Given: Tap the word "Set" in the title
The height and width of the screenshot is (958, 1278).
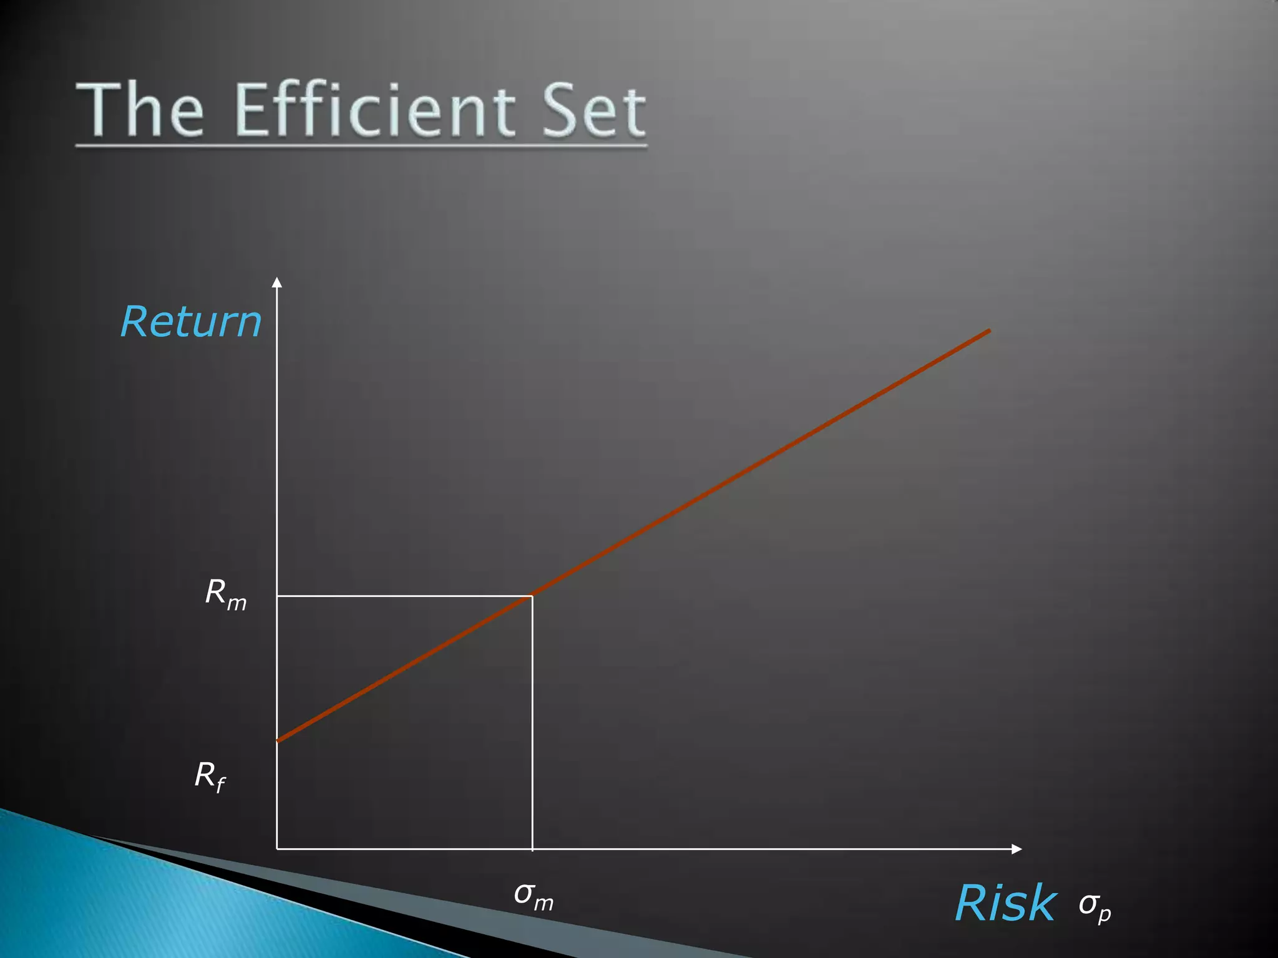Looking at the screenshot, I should point(593,111).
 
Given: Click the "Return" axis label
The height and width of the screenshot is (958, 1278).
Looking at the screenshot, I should point(191,322).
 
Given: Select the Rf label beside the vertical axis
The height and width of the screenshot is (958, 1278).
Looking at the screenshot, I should point(210,777).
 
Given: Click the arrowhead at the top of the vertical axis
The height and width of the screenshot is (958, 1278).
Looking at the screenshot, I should point(277,282).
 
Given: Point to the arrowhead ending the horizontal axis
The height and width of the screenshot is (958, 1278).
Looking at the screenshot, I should point(1017,849).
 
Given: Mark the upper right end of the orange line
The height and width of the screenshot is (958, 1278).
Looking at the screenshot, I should point(990,330).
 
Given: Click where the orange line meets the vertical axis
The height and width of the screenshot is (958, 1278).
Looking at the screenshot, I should point(278,741).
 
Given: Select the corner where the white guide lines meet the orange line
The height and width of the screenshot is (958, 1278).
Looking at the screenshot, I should point(532,596).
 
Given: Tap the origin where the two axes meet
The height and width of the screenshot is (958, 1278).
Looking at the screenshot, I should point(277,849).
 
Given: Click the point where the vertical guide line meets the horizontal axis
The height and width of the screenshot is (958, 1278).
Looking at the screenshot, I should point(532,849).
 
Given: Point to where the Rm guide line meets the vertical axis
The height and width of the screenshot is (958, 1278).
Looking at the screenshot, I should point(277,596).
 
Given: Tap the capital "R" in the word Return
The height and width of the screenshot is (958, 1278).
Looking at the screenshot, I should point(134,322).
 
